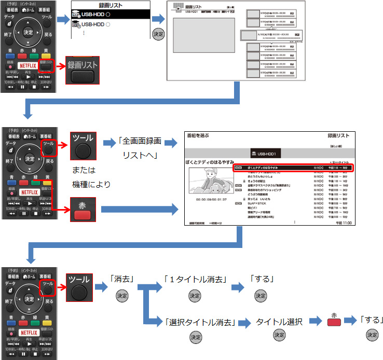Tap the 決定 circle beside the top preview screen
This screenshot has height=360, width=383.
(158, 33)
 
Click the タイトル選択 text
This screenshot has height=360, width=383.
(279, 322)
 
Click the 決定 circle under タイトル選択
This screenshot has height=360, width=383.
(279, 336)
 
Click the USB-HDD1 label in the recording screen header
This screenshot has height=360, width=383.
(270, 154)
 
